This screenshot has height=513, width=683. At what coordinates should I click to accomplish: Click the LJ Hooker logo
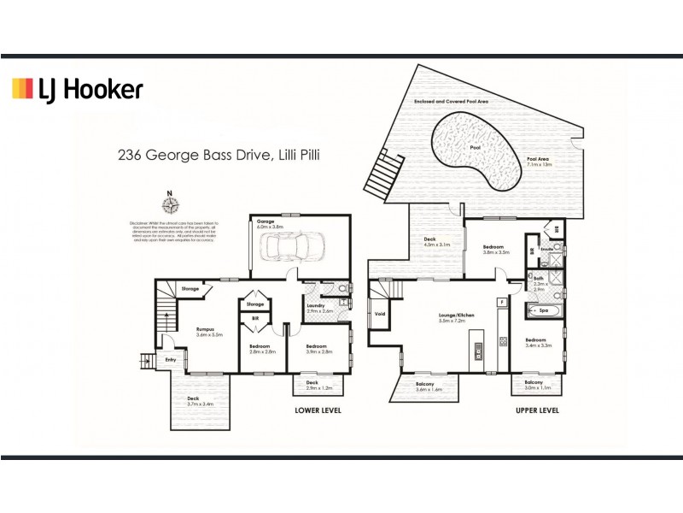click(x=76, y=89)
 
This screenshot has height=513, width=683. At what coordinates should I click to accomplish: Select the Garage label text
click(x=266, y=221)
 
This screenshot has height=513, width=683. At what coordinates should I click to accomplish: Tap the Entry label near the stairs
click(x=172, y=360)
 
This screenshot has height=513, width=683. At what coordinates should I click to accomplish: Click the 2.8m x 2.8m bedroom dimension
click(x=259, y=351)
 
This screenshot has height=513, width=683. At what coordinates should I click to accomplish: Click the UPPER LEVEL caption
click(x=538, y=410)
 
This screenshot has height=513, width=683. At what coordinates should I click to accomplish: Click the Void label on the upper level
click(x=380, y=314)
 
